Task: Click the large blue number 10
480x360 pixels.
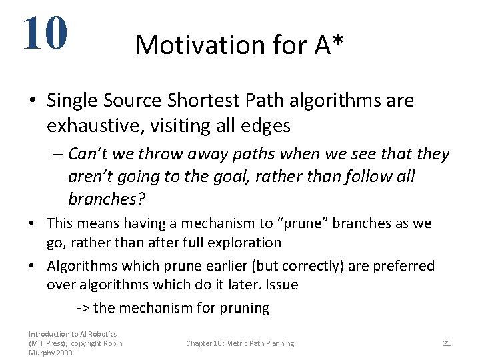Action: point(45,33)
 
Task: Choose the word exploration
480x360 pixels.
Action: point(245,243)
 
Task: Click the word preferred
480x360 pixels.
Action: point(403,266)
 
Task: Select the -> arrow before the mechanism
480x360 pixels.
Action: point(84,308)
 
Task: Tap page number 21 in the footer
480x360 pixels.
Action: point(447,343)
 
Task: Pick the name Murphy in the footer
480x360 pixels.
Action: point(42,352)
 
